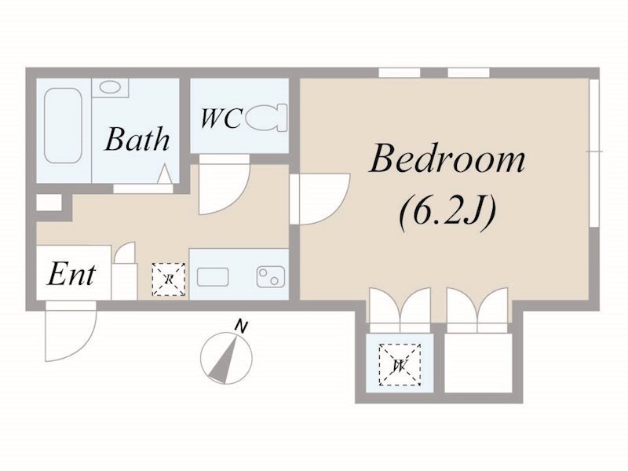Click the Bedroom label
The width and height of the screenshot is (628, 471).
tap(447, 159)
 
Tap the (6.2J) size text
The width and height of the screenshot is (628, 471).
tap(447, 211)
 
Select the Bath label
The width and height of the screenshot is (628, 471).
tap(137, 140)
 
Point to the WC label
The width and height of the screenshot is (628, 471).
tap(221, 118)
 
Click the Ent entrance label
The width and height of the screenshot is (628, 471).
tap(71, 275)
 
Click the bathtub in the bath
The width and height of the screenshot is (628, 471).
tap(63, 126)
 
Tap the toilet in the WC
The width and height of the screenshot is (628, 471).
tap(266, 118)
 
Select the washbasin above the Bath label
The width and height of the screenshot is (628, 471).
tap(110, 87)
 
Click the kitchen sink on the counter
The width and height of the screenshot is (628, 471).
tap(213, 277)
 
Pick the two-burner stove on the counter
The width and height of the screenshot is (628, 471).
tap(271, 277)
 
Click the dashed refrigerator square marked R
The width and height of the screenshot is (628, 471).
tap(169, 279)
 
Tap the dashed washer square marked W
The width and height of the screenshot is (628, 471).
tap(400, 364)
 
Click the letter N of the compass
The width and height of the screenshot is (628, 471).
tap(241, 327)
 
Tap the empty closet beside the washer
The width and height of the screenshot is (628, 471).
tap(478, 363)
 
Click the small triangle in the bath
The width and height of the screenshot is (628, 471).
tap(164, 174)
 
